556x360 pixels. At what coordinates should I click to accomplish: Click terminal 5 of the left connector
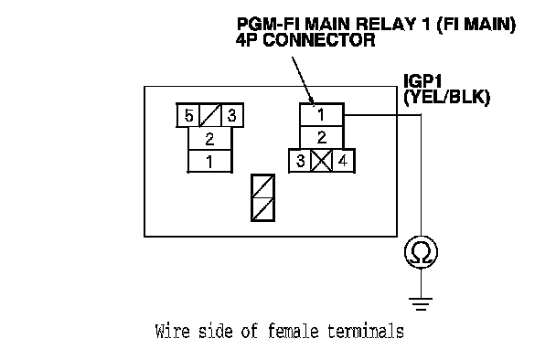pyautogui.click(x=188, y=115)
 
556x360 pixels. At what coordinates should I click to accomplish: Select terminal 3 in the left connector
pyautogui.click(x=232, y=115)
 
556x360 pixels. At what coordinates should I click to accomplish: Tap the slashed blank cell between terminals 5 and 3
pyautogui.click(x=210, y=115)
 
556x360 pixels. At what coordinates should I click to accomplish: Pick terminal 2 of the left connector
pyautogui.click(x=209, y=139)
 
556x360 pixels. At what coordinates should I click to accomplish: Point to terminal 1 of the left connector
pyautogui.click(x=209, y=161)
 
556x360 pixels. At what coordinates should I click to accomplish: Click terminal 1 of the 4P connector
pyautogui.click(x=322, y=115)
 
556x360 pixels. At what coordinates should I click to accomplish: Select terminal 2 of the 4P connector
pyautogui.click(x=322, y=137)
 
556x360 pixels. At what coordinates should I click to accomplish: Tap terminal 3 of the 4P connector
pyautogui.click(x=300, y=161)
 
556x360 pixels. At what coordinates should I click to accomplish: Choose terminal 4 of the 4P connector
pyautogui.click(x=343, y=161)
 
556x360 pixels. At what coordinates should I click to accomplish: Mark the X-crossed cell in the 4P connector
pyautogui.click(x=322, y=161)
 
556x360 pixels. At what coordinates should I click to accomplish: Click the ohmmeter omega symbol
pyautogui.click(x=421, y=252)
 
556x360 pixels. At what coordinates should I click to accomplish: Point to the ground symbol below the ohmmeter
pyautogui.click(x=421, y=304)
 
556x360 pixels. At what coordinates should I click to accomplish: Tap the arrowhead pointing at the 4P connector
pyautogui.click(x=311, y=101)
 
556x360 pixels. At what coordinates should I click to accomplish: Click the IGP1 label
pyautogui.click(x=423, y=81)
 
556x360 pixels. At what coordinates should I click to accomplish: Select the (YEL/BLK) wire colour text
pyautogui.click(x=447, y=97)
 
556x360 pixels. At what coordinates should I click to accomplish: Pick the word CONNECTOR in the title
pyautogui.click(x=319, y=39)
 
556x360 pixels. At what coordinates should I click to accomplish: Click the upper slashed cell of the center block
pyautogui.click(x=262, y=186)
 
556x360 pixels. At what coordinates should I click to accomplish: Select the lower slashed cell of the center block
pyautogui.click(x=262, y=209)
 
